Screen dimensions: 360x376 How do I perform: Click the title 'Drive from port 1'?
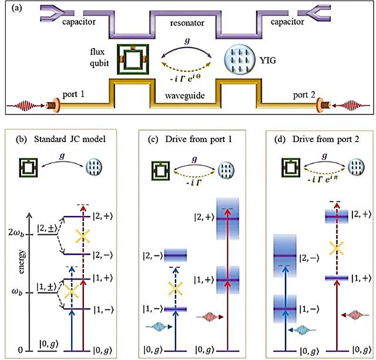[188, 139]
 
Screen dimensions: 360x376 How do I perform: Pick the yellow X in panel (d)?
[336, 247]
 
